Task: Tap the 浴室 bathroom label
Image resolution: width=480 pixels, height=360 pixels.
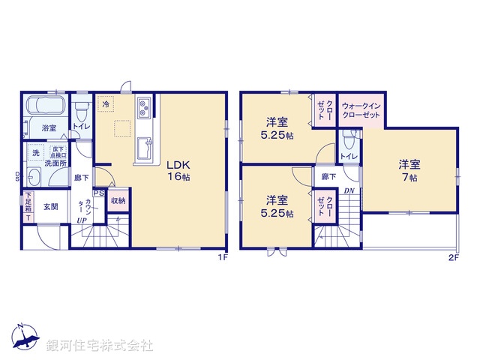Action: click(x=49, y=127)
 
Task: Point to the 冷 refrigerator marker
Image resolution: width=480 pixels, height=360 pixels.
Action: click(x=106, y=104)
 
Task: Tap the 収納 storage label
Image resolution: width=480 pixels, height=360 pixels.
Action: click(x=118, y=200)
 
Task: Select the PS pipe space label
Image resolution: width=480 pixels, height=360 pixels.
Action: click(x=99, y=193)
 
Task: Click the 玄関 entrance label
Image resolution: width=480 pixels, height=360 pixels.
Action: click(x=49, y=207)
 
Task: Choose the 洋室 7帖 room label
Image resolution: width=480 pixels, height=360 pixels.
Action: click(x=409, y=170)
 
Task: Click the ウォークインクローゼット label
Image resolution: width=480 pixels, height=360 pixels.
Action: click(x=361, y=111)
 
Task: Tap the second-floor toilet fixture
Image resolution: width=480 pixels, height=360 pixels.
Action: click(x=349, y=140)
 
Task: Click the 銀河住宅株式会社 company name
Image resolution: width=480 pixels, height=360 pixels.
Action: click(x=99, y=346)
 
